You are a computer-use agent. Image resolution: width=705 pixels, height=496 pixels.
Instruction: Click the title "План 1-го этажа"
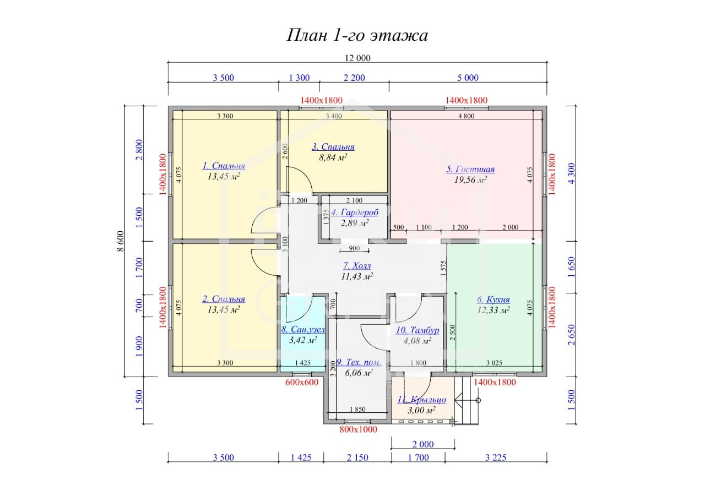(x=357, y=35)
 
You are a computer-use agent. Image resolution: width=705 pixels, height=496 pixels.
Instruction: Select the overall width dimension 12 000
(x=357, y=58)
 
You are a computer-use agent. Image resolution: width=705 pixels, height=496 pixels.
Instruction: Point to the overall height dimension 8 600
(x=121, y=241)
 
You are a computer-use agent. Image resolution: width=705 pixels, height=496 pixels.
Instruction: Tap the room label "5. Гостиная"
(x=470, y=169)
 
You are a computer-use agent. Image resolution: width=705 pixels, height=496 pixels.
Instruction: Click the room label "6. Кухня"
(x=493, y=299)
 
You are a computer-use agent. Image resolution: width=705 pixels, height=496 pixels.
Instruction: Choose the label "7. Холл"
(x=357, y=266)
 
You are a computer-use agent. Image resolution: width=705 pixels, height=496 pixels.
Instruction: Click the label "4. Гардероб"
(x=355, y=212)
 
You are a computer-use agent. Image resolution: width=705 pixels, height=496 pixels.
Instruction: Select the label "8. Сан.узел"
(x=303, y=329)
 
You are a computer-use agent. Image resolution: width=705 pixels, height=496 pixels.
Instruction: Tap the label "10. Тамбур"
(x=417, y=330)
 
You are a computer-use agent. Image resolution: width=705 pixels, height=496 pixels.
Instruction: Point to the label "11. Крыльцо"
(x=421, y=400)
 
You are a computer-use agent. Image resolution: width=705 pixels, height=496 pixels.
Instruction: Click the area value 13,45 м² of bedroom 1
(x=224, y=177)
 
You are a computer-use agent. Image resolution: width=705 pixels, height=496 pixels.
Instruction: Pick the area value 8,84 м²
(x=333, y=157)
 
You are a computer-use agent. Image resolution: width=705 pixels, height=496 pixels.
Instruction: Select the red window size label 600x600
(x=302, y=382)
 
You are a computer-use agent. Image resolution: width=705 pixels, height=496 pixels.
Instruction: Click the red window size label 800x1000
(x=358, y=429)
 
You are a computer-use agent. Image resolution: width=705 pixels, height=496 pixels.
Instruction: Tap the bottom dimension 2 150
(x=357, y=457)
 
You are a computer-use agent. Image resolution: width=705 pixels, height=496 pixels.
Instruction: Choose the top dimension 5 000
(x=468, y=78)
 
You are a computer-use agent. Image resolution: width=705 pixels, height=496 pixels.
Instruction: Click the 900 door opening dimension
(x=354, y=248)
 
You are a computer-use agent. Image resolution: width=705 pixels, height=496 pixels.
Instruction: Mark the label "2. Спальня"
(x=224, y=299)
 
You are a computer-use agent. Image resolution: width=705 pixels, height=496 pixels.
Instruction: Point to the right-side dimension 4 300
(x=572, y=173)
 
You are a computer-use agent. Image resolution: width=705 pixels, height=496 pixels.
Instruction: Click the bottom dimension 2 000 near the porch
(x=423, y=444)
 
